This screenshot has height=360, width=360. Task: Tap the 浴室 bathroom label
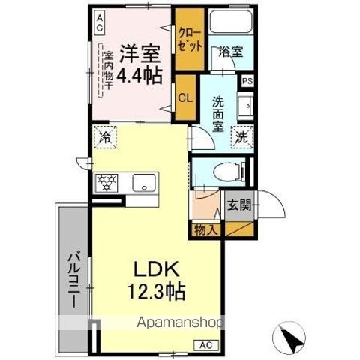tap(230, 53)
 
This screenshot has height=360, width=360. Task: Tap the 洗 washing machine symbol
tap(241, 138)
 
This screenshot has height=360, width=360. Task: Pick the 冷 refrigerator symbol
tap(105, 139)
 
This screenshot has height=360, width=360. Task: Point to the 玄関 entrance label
tap(240, 205)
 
